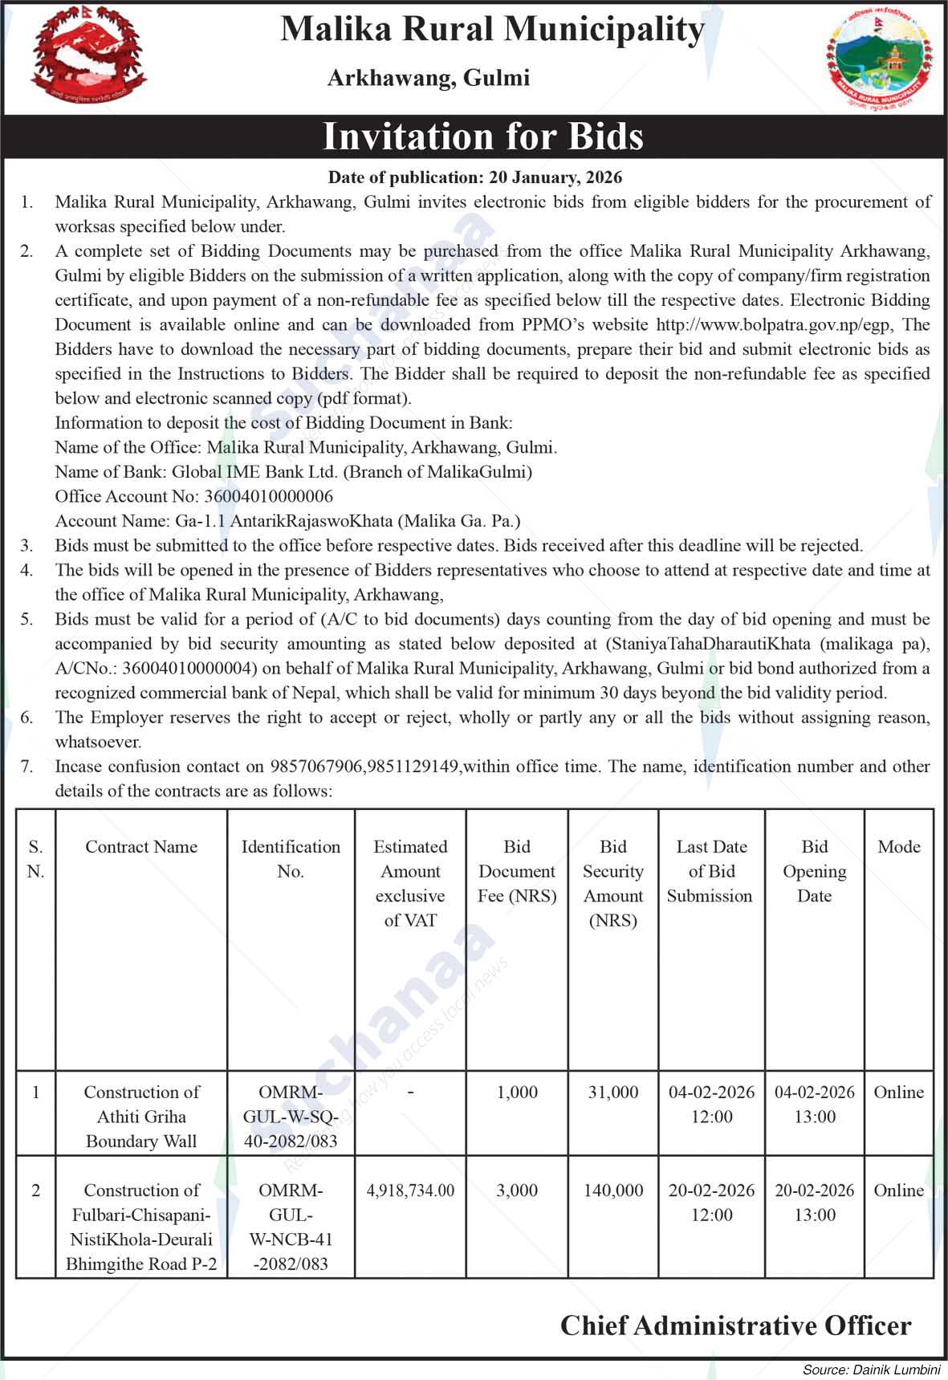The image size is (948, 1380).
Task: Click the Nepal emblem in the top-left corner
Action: point(88,57)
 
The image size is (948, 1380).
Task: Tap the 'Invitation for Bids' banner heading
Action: point(482,136)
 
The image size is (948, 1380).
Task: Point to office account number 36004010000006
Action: point(268,496)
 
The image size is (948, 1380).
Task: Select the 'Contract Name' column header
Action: point(141,847)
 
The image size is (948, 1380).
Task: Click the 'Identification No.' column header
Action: point(291,859)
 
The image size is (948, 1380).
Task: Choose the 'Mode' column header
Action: point(899,847)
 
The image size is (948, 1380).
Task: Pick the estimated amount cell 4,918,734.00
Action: point(410,1191)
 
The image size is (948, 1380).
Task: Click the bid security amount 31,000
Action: point(613,1093)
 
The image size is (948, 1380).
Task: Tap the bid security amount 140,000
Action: point(613,1191)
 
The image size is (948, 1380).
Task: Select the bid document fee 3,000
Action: point(517,1191)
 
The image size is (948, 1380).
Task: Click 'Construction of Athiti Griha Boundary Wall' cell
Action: point(141,1117)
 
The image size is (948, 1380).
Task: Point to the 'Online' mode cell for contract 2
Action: point(899,1191)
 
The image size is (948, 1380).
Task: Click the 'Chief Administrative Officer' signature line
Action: point(735,1325)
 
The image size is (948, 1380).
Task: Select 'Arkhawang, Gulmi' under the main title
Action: point(429,79)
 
